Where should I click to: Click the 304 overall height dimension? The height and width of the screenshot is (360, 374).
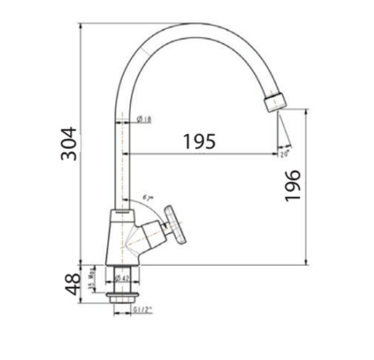point(69,144)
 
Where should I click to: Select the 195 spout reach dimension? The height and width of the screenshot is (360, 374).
point(199,141)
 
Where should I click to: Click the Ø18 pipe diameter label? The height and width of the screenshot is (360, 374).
point(141,119)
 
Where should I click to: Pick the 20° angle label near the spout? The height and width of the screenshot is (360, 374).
point(285,152)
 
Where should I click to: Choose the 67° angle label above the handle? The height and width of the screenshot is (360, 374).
point(148,197)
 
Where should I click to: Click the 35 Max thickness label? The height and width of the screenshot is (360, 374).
point(91,279)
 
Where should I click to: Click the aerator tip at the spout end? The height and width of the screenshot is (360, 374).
point(276,102)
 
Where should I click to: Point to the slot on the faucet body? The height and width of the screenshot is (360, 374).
point(123,216)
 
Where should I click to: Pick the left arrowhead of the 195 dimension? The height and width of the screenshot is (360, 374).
point(127,153)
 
